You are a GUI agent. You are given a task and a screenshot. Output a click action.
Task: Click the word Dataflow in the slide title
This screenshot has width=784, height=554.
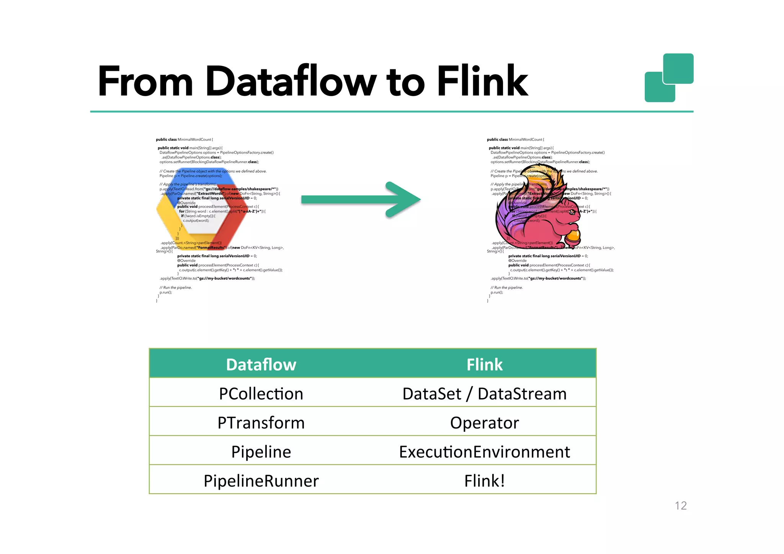click(291, 81)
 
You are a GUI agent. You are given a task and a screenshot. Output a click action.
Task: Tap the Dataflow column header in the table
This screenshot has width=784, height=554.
click(261, 364)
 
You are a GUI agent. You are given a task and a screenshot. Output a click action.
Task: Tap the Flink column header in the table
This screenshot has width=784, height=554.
click(484, 364)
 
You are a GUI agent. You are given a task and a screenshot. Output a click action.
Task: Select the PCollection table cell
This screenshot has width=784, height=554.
click(261, 394)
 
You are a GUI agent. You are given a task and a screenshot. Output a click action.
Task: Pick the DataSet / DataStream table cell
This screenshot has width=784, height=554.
click(484, 394)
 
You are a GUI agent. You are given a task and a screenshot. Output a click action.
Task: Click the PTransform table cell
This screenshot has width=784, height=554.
click(261, 423)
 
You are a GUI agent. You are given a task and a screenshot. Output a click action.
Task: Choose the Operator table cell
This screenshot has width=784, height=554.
click(484, 423)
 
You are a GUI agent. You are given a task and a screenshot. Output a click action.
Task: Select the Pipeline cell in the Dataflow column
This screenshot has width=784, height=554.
click(261, 452)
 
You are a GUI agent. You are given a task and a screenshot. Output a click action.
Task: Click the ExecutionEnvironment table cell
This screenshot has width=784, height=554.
click(484, 452)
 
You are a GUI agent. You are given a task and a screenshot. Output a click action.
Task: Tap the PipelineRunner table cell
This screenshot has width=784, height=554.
click(261, 481)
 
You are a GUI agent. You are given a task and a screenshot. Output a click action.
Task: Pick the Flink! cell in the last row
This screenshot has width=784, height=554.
click(484, 481)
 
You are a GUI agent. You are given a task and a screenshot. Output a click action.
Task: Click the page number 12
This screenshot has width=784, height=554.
click(681, 505)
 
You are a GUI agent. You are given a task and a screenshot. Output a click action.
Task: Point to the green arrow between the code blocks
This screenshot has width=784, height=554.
click(360, 199)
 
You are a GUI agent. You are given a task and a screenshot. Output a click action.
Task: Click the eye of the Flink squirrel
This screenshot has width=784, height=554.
click(573, 212)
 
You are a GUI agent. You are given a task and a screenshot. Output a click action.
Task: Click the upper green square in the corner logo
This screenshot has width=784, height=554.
click(678, 68)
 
